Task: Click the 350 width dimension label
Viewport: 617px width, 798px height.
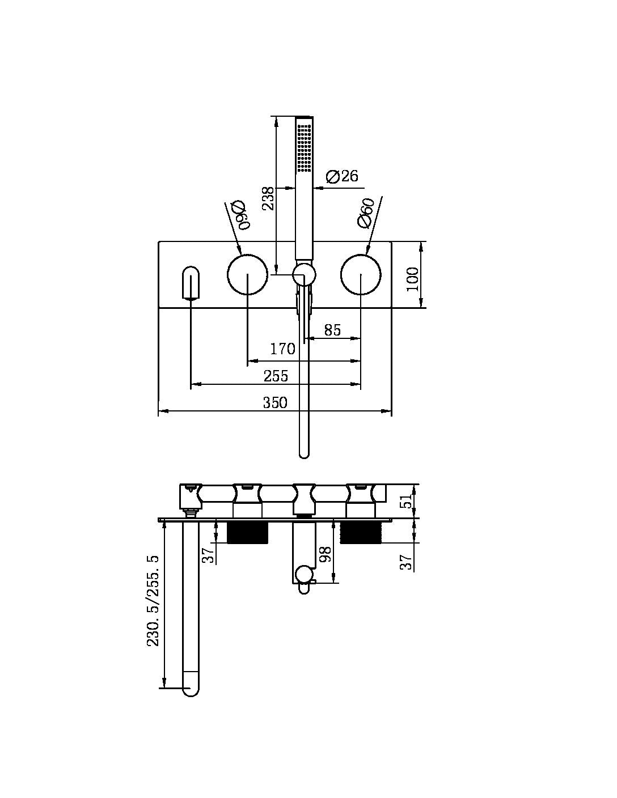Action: point(275,402)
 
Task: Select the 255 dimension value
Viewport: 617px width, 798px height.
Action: point(276,376)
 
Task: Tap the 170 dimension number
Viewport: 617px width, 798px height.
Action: point(282,349)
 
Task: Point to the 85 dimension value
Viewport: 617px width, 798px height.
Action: point(332,330)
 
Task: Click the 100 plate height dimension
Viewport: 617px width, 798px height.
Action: point(413,279)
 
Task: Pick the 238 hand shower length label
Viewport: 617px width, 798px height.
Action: point(268,198)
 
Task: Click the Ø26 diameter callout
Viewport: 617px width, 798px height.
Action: point(343,176)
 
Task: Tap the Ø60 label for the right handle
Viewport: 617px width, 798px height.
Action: point(366,213)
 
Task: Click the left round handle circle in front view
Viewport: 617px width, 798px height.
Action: point(247,275)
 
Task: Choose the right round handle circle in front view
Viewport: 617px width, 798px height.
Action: point(361,275)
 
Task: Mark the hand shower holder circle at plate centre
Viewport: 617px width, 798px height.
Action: point(304,275)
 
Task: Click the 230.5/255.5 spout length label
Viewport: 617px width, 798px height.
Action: point(153,601)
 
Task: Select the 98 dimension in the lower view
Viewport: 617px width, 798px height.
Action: point(325,554)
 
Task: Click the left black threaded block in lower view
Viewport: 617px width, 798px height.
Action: point(247,533)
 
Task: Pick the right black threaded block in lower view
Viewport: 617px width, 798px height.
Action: point(361,533)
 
